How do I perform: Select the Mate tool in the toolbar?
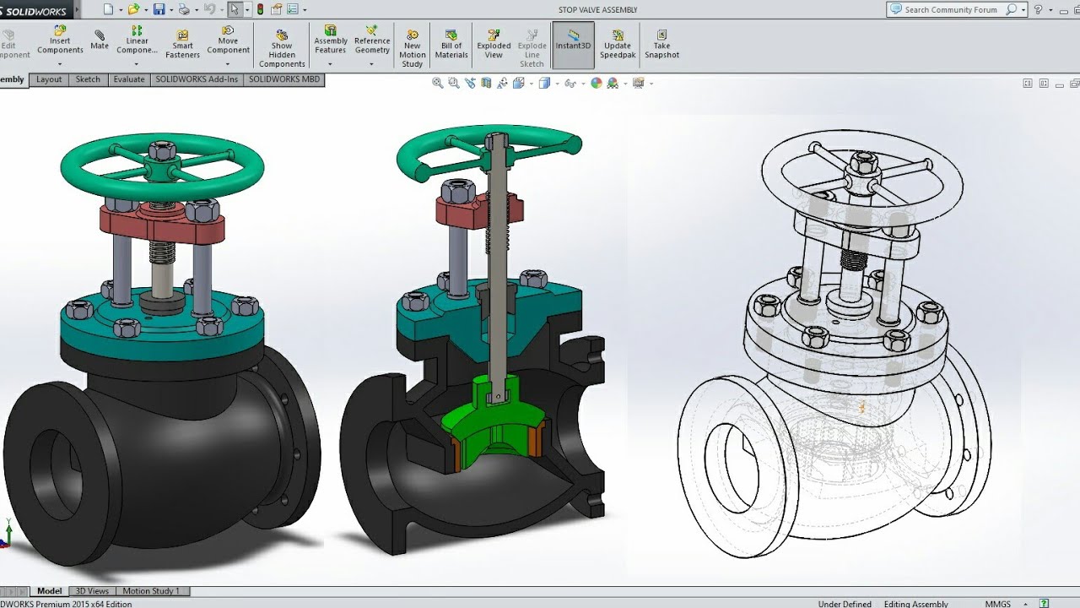click(x=100, y=39)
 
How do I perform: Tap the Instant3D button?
click(x=573, y=41)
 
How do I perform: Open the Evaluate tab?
click(x=129, y=79)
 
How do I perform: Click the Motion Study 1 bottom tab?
click(x=151, y=591)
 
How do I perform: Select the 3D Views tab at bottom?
click(x=92, y=591)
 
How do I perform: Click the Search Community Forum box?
click(x=950, y=10)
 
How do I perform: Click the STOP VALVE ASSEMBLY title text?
click(x=597, y=10)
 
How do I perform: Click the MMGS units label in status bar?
click(x=997, y=604)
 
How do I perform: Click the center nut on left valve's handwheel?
click(x=162, y=152)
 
